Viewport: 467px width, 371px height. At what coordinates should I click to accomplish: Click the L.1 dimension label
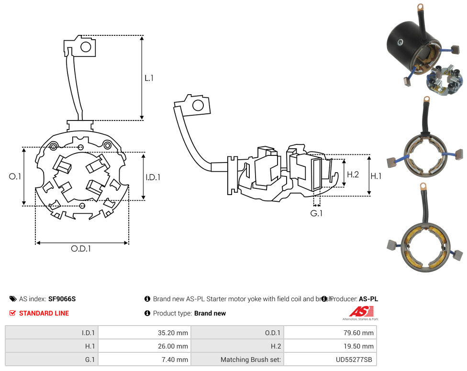click(x=149, y=77)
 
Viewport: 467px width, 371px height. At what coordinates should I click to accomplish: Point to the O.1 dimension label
click(x=15, y=176)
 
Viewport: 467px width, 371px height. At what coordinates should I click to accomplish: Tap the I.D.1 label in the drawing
click(x=153, y=177)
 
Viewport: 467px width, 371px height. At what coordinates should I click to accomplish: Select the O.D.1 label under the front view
click(x=81, y=249)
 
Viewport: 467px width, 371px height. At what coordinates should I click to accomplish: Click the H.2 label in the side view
click(x=353, y=175)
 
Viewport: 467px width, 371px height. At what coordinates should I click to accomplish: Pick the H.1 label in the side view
click(x=376, y=176)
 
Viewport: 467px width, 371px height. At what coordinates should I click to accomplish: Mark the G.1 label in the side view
click(x=316, y=213)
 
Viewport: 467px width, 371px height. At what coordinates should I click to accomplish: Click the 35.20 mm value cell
click(x=144, y=333)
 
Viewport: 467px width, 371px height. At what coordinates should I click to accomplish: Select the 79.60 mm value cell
click(x=330, y=333)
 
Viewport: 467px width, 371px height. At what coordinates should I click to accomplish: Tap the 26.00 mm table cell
click(x=144, y=346)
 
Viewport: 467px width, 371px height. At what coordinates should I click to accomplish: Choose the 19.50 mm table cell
click(x=330, y=346)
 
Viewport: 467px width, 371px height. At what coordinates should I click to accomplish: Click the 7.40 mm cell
click(x=144, y=360)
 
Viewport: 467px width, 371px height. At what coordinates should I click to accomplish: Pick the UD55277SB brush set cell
click(x=330, y=360)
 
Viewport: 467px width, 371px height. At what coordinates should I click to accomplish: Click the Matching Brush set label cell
click(x=237, y=360)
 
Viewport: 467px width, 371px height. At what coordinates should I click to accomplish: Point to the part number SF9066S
click(x=62, y=299)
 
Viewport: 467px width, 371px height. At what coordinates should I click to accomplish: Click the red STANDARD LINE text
click(x=44, y=313)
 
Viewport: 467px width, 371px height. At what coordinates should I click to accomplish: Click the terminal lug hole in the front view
click(x=86, y=47)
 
